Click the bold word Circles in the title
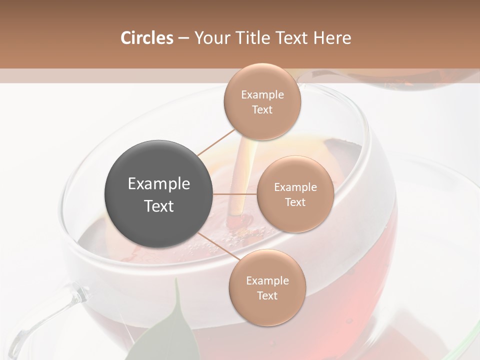(x=146, y=38)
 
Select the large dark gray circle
(x=158, y=194)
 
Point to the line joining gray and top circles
(x=216, y=142)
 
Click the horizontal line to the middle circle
(x=235, y=194)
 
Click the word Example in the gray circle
(x=158, y=183)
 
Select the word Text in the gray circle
(x=158, y=206)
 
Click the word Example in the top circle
(x=262, y=94)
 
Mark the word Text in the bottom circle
(x=267, y=295)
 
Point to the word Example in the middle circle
(x=295, y=187)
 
